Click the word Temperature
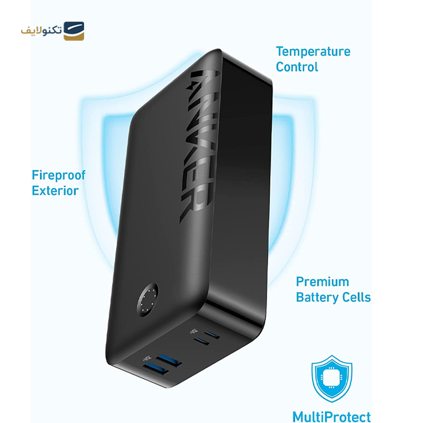[313, 52]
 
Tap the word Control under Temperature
[297, 67]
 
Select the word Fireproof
[58, 176]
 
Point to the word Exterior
[55, 191]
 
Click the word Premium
[322, 282]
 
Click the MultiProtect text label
[332, 417]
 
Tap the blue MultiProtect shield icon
[332, 376]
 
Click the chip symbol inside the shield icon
[332, 375]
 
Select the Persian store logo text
[41, 31]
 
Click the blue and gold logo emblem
[73, 31]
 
